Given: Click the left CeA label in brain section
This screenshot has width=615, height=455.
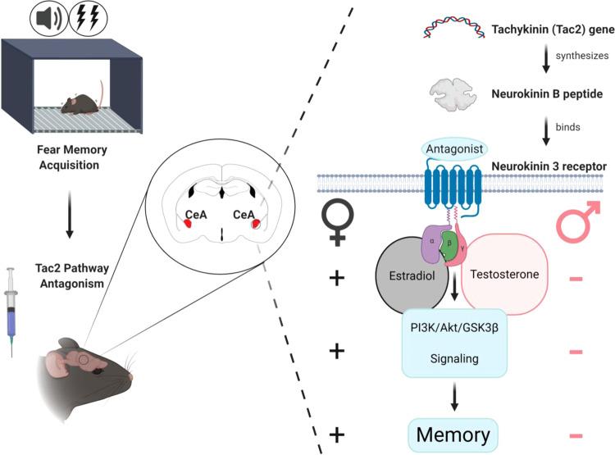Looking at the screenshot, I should pyautogui.click(x=194, y=215).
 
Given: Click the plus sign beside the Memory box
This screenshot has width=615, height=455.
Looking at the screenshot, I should pyautogui.click(x=336, y=432).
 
